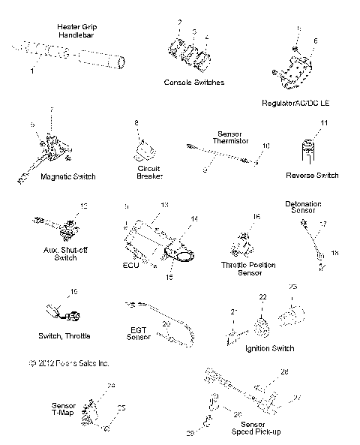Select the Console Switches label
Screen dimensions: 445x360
[x=193, y=82]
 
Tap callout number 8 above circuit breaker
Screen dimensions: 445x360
[x=136, y=122]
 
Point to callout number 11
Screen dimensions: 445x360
[x=324, y=122]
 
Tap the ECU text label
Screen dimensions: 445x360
[x=131, y=265]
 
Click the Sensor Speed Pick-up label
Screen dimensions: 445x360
[x=239, y=428]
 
